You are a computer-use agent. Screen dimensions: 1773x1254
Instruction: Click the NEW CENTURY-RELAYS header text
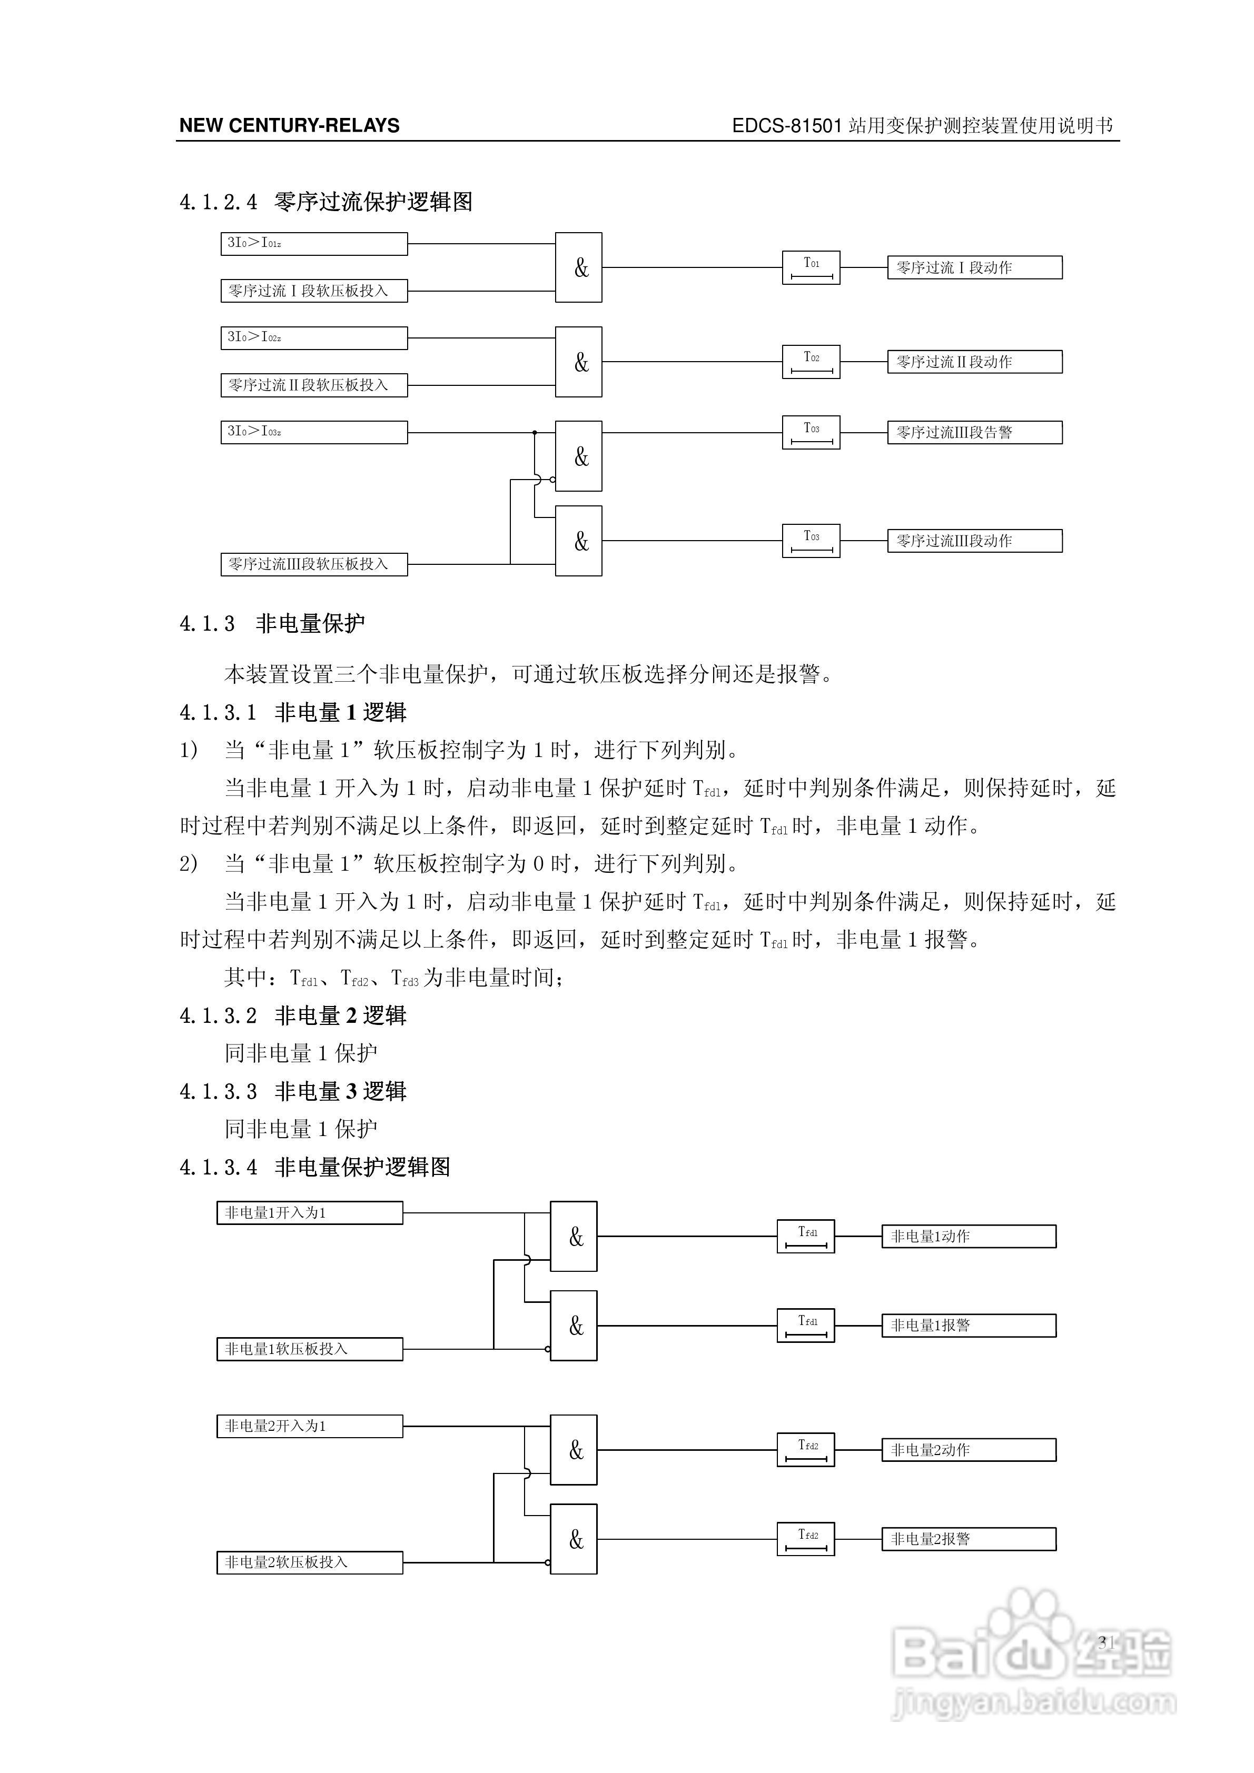coord(289,126)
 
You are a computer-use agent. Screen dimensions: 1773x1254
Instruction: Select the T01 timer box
coord(811,268)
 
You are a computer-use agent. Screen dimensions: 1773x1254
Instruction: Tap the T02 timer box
coord(811,362)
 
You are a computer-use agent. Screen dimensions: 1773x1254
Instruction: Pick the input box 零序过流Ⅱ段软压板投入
coord(314,385)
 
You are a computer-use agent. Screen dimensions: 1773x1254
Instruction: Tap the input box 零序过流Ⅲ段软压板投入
coord(314,564)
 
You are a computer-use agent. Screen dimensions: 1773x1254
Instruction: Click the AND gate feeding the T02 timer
coord(579,362)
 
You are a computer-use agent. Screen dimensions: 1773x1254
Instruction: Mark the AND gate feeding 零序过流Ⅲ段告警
coord(579,456)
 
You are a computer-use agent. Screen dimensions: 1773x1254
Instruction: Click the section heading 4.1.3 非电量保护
coord(272,624)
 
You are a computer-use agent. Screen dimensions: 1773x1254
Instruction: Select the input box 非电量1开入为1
coord(309,1213)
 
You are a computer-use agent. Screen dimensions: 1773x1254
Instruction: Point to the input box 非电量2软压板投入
coord(309,1562)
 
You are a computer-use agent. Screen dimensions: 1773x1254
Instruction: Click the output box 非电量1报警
coord(968,1326)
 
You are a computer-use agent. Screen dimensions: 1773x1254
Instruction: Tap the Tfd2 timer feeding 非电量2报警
coord(805,1539)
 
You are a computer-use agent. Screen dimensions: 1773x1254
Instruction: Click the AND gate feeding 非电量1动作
coord(574,1237)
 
